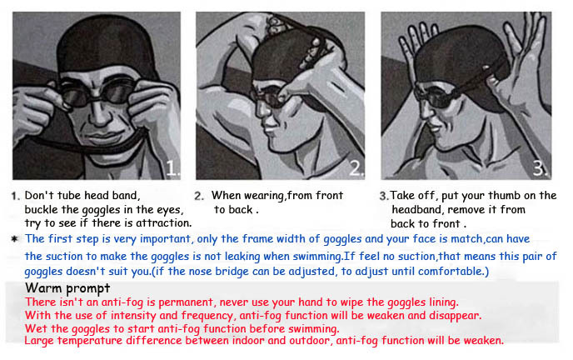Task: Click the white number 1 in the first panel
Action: pyautogui.click(x=172, y=168)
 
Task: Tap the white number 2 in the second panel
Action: pyautogui.click(x=355, y=168)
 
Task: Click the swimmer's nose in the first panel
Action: pyautogui.click(x=98, y=112)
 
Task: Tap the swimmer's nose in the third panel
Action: pyautogui.click(x=425, y=109)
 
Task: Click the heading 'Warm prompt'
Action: pyautogui.click(x=67, y=288)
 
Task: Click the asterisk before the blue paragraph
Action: pyautogui.click(x=15, y=239)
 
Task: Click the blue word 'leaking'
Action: pyautogui.click(x=242, y=257)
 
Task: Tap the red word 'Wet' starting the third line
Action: pyautogui.click(x=36, y=328)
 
